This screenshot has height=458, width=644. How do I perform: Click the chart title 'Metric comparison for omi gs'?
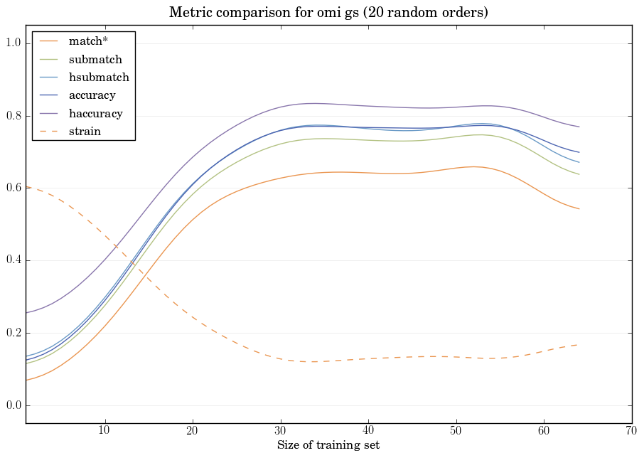coord(328,13)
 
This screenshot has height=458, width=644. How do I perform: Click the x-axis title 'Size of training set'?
coord(328,445)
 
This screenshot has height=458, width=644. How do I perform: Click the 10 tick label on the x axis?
coord(104,430)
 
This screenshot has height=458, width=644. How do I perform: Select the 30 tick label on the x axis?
coord(280,430)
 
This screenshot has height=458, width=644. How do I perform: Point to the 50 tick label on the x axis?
coord(456,430)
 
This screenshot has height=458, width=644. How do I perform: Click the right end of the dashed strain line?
coord(579,344)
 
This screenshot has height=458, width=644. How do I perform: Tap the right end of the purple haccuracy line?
coord(579,127)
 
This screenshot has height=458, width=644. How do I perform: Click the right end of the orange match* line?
coord(579,208)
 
